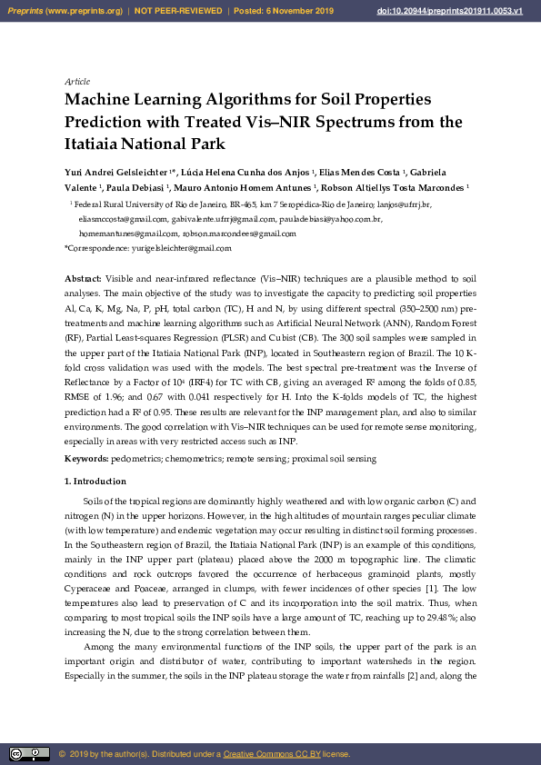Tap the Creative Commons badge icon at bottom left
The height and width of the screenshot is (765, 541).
point(29,754)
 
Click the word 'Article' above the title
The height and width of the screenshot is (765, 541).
point(77,82)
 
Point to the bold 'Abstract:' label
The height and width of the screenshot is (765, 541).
point(84,276)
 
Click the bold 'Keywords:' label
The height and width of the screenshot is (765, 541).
point(87,460)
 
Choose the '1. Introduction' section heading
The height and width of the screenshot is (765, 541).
point(95,481)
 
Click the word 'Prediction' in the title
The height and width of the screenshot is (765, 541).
point(106,121)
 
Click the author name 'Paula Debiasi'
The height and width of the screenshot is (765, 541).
point(131,188)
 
